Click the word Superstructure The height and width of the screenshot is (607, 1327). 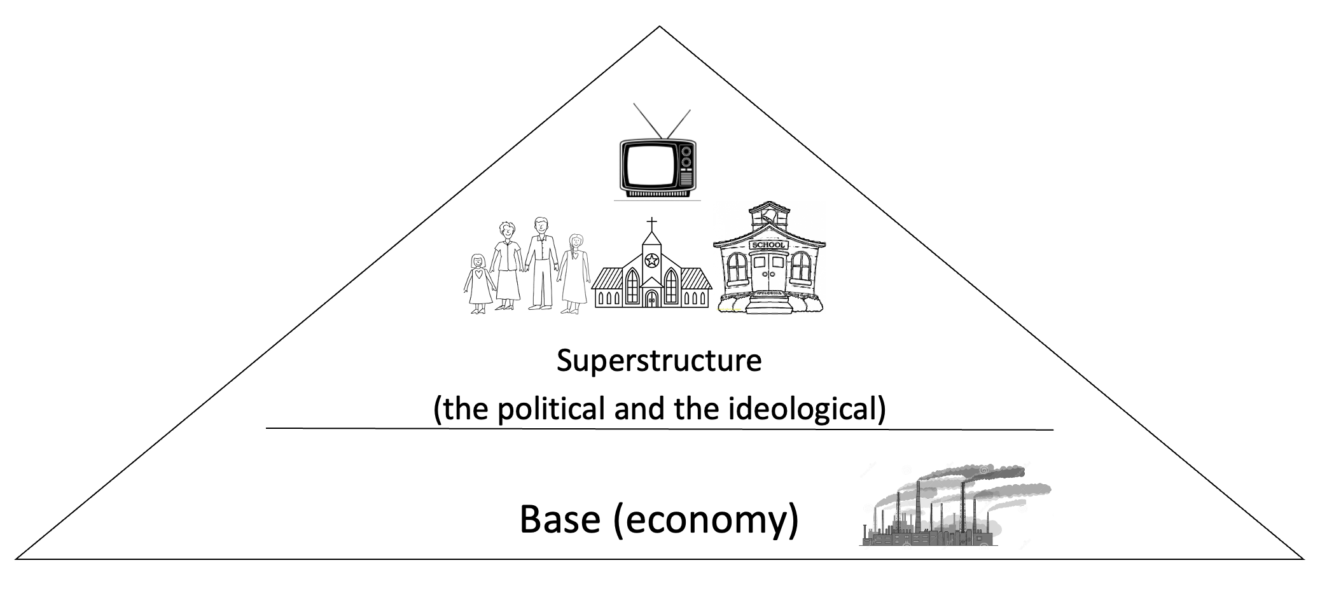(x=659, y=361)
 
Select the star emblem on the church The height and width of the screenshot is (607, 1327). (x=651, y=260)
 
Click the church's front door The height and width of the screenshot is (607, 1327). (x=651, y=298)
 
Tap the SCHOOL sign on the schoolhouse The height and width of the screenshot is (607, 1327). (x=769, y=245)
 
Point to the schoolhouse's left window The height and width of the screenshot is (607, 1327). (x=737, y=268)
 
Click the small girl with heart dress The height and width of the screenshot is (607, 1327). (x=478, y=283)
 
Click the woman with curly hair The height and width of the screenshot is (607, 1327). (x=507, y=264)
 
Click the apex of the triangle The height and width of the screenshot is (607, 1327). (x=660, y=27)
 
